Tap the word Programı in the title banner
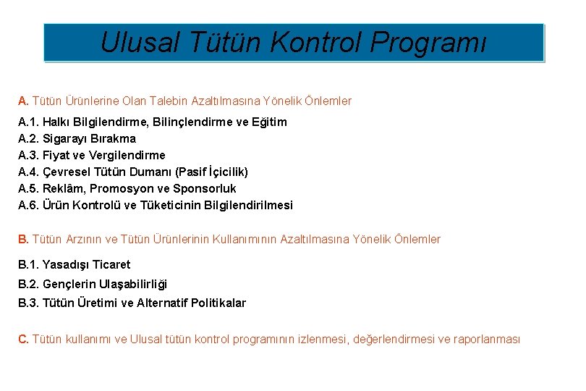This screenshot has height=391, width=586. tap(428, 43)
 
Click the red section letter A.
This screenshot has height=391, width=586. tap(23, 101)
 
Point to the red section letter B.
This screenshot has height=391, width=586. tap(23, 240)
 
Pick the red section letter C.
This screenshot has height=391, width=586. tap(23, 340)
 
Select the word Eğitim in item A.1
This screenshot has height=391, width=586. tap(268, 122)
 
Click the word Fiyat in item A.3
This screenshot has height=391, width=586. tap(56, 156)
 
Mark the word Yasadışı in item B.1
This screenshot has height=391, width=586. tap(64, 265)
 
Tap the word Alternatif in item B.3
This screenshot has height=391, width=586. tap(162, 303)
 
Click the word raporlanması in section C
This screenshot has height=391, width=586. tap(486, 340)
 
